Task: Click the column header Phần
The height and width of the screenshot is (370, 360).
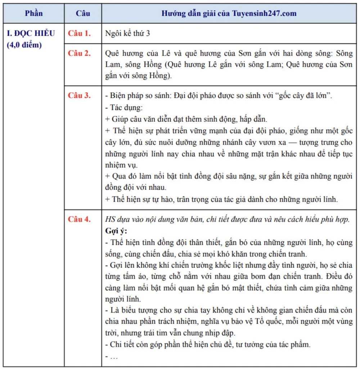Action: (x=34, y=14)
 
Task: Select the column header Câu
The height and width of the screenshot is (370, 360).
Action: (x=83, y=14)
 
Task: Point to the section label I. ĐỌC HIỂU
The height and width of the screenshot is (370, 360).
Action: (x=31, y=34)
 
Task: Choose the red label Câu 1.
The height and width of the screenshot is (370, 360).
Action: (x=80, y=34)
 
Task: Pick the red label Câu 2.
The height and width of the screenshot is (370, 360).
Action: (x=80, y=54)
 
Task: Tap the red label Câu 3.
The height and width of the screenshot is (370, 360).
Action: (x=80, y=96)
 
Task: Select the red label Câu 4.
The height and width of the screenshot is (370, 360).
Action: (x=80, y=219)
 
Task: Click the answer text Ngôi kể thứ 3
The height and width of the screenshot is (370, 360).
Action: (x=128, y=34)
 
